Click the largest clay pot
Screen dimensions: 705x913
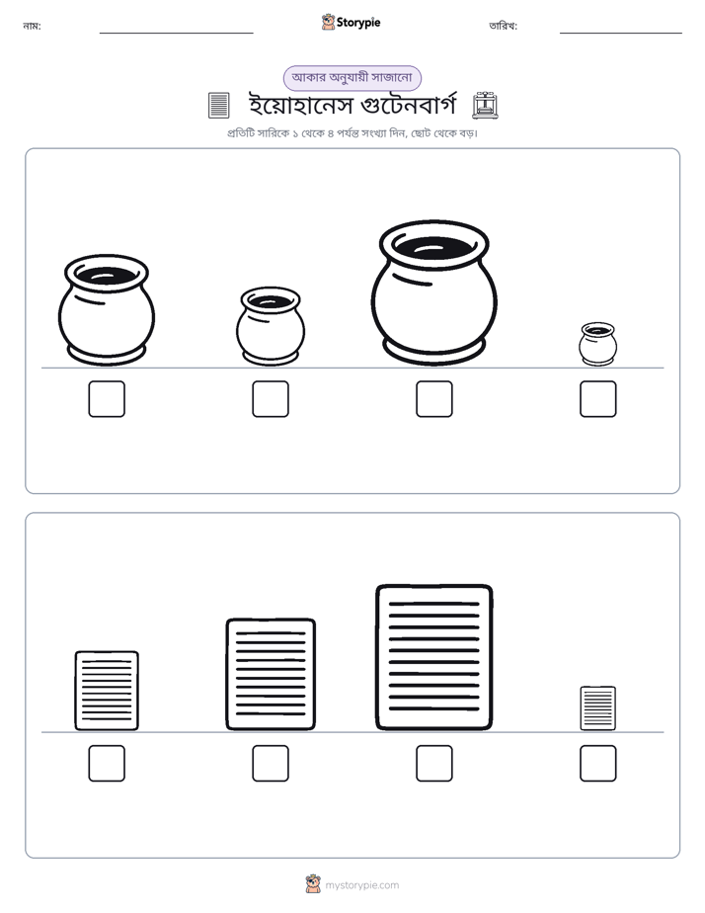click(433, 292)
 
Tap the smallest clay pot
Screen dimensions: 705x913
click(597, 344)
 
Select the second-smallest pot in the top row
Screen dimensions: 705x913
click(271, 326)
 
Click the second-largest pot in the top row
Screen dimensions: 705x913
click(107, 310)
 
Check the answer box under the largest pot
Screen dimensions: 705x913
click(433, 399)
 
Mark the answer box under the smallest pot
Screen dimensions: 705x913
click(598, 399)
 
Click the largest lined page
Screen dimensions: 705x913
click(433, 657)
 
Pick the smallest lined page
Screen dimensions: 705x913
click(598, 708)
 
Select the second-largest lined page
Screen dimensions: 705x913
click(271, 674)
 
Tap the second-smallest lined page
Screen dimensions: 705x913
click(107, 691)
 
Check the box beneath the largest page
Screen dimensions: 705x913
click(433, 764)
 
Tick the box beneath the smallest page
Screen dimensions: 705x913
click(598, 764)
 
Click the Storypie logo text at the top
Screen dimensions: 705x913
click(358, 23)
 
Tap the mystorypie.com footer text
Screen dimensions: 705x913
click(361, 885)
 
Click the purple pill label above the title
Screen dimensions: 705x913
click(352, 78)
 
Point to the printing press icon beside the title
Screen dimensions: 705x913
click(485, 105)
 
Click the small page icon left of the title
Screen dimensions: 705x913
click(219, 106)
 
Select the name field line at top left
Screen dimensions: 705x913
click(176, 34)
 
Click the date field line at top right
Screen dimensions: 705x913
click(621, 34)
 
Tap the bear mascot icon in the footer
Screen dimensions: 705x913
click(313, 884)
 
